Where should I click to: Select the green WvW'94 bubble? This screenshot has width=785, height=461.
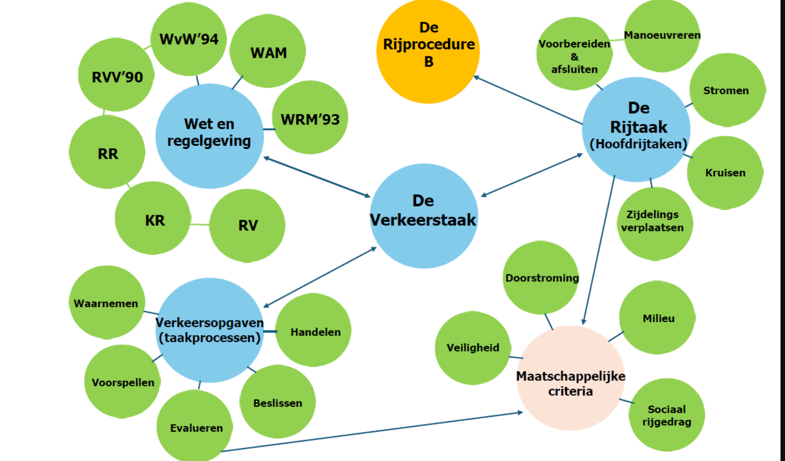pyautogui.click(x=188, y=39)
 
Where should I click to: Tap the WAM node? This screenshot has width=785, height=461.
pyautogui.click(x=268, y=52)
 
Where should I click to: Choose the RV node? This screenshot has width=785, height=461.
pyautogui.click(x=247, y=225)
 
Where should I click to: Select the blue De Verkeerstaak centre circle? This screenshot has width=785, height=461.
pyautogui.click(x=424, y=216)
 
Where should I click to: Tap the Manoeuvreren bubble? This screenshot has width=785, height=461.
pyautogui.click(x=662, y=35)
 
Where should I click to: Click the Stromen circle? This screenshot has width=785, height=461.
pyautogui.click(x=727, y=90)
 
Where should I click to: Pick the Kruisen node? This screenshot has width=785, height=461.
pyautogui.click(x=725, y=172)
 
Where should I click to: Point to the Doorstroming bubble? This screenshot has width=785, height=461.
pyautogui.click(x=541, y=277)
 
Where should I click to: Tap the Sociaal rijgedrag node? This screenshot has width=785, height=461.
pyautogui.click(x=667, y=415)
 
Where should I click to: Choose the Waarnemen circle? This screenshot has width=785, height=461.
pyautogui.click(x=107, y=303)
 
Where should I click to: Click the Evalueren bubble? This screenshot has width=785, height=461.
pyautogui.click(x=195, y=427)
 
